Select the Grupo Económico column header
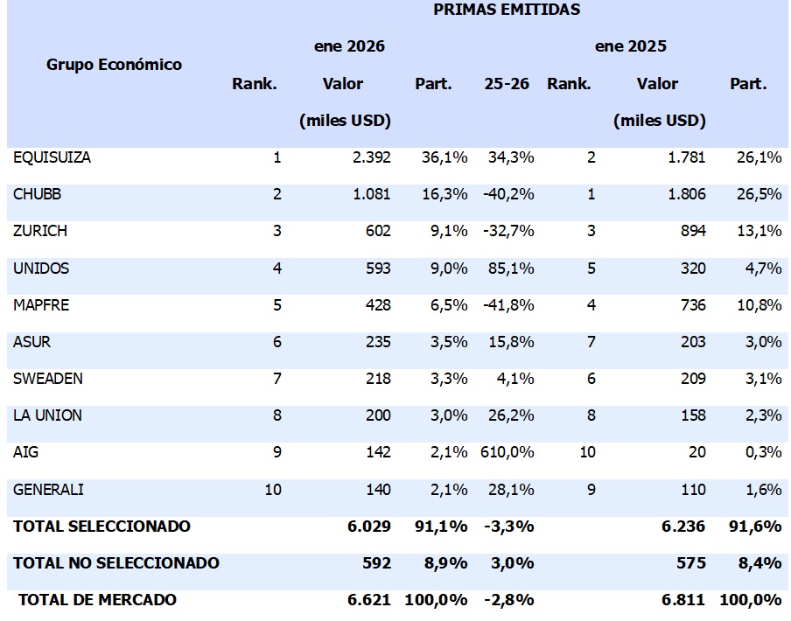coord(115,65)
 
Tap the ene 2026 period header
coord(349,45)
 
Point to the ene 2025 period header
coord(631,45)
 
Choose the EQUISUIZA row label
coord(52,158)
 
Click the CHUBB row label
coord(38,194)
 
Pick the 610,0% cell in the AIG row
coord(507,452)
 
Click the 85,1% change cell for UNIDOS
coord(511,269)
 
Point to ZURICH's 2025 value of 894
coord(692,232)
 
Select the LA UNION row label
coord(48,415)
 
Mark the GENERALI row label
coord(49,489)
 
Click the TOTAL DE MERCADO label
coord(97,599)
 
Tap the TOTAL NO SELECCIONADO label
coord(116,562)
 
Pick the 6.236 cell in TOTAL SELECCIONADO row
coord(687,526)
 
